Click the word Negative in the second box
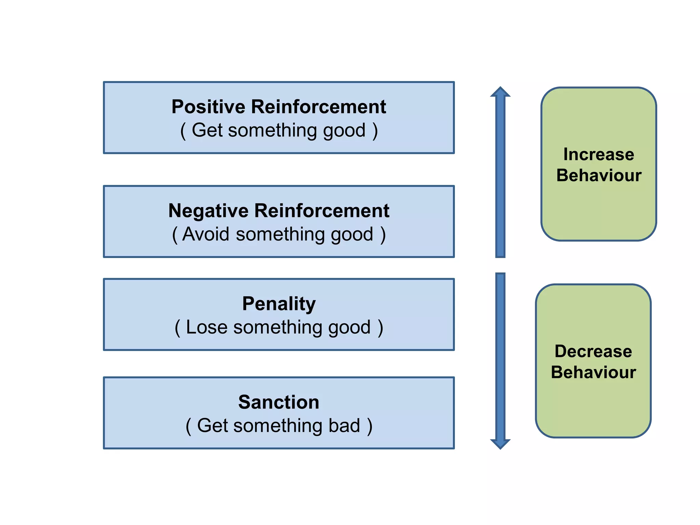[x=208, y=211]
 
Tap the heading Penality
[x=279, y=304]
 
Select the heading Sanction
[x=279, y=402]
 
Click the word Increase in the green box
[x=598, y=154]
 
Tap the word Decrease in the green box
[x=593, y=351]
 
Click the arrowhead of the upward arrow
[x=500, y=92]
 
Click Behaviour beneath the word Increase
[x=598, y=175]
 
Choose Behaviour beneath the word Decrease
[x=593, y=372]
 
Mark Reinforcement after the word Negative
[x=322, y=211]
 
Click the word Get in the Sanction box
[x=212, y=426]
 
